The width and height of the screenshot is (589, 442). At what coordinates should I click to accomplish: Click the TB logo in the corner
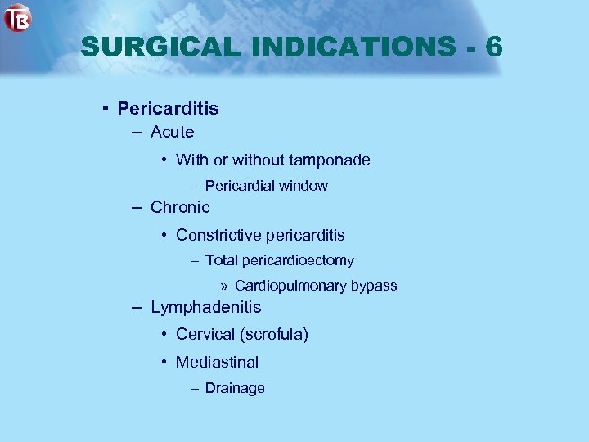pos(17,18)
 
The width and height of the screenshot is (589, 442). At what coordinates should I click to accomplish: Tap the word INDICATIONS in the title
pos(353,47)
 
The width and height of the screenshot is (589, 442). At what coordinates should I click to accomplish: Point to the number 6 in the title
pos(493,47)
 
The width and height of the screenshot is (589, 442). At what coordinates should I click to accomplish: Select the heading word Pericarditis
pos(168,108)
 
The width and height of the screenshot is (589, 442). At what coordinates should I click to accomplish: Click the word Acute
pos(172,132)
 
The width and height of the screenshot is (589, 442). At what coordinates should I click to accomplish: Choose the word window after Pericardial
pos(303,186)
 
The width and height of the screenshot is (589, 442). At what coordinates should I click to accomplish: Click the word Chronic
pos(180,207)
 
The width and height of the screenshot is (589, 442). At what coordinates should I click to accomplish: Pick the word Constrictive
pos(213,235)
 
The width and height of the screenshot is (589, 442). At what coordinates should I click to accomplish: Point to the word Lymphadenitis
pos(206,307)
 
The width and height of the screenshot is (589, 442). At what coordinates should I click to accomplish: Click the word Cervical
pos(205,335)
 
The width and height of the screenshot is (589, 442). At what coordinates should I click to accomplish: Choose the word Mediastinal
pos(217,362)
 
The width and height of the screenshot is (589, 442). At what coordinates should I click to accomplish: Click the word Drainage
pos(235,388)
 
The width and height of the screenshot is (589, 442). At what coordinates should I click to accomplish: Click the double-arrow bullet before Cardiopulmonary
pos(224,286)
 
